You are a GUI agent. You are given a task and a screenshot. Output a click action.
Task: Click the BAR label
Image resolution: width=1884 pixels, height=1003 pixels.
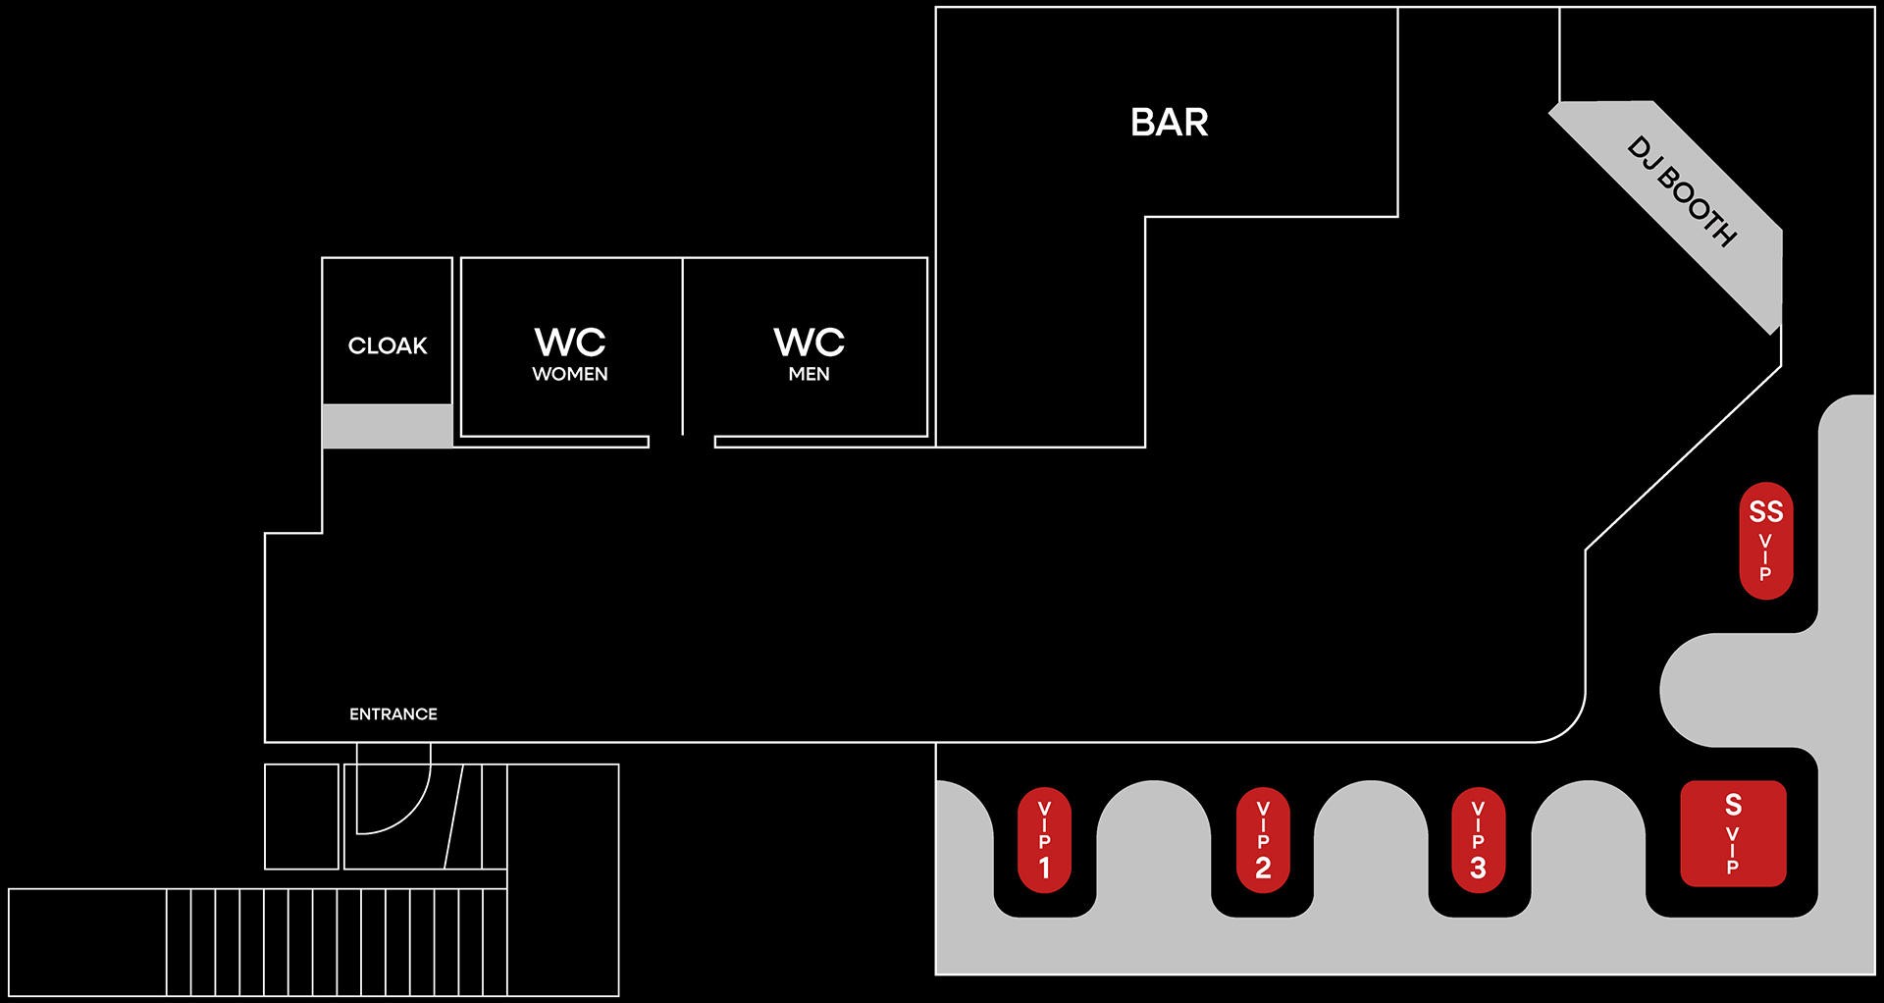tap(1169, 123)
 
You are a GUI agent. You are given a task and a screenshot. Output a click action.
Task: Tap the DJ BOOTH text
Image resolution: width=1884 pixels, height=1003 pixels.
tap(1682, 190)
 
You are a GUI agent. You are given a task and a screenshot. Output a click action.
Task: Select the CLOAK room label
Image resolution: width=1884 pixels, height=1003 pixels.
tap(388, 345)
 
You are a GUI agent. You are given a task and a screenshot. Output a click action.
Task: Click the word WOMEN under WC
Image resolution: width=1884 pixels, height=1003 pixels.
tap(570, 374)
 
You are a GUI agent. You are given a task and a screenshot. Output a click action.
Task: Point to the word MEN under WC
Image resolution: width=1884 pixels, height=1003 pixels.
tap(809, 374)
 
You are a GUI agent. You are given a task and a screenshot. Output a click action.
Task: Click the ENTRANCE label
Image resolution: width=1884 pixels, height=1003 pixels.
tap(393, 713)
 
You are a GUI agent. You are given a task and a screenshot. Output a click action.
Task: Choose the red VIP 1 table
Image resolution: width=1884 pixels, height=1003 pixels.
tap(1045, 840)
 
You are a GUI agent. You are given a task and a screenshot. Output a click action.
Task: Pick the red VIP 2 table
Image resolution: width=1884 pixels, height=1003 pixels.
tap(1263, 840)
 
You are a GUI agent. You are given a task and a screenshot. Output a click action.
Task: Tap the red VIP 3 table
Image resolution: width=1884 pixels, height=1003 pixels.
tap(1478, 840)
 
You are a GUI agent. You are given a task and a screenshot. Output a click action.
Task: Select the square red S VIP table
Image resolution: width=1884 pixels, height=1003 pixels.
tap(1733, 833)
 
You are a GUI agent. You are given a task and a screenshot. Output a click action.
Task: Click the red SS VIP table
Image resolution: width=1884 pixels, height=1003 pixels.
tap(1765, 541)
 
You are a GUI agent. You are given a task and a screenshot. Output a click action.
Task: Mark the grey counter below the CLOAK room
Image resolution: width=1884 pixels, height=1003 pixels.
tap(388, 426)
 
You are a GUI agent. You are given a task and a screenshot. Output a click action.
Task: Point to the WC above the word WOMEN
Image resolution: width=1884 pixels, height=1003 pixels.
tap(570, 343)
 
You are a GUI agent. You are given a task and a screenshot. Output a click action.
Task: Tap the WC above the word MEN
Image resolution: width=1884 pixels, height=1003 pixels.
tap(809, 343)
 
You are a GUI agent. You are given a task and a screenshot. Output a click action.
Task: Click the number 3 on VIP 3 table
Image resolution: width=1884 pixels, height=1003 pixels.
tap(1478, 868)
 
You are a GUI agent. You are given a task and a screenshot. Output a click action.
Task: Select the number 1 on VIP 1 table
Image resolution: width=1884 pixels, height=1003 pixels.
tap(1045, 868)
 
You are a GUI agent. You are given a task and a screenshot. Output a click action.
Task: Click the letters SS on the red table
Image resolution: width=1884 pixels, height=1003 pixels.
tap(1765, 511)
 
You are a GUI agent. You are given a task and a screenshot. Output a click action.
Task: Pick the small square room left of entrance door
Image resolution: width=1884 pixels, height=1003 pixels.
tap(301, 817)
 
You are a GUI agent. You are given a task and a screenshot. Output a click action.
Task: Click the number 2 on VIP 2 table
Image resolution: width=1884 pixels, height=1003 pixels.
tap(1263, 868)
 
